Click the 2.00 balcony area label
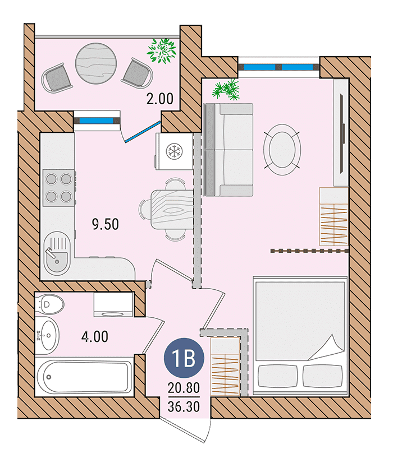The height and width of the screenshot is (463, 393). click(159, 99)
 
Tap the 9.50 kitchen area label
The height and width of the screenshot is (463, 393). click(106, 224)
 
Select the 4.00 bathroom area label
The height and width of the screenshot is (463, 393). click(95, 337)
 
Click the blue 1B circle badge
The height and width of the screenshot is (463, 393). click(184, 358)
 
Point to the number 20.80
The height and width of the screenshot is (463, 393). click(184, 388)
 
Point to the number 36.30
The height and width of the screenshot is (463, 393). click(184, 406)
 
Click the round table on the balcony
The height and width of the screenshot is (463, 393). click(96, 63)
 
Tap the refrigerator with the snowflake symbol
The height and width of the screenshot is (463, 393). click(174, 151)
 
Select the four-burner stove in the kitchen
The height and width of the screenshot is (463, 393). click(59, 188)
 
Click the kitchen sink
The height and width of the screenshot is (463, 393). click(57, 253)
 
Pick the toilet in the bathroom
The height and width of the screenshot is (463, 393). click(49, 304)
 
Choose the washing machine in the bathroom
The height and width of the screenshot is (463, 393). click(113, 305)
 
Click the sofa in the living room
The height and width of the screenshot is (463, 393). click(229, 150)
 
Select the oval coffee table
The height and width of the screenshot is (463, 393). click(282, 150)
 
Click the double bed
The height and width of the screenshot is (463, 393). click(300, 335)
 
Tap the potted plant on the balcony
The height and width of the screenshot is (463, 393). click(162, 50)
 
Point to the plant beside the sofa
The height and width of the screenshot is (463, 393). click(226, 89)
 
